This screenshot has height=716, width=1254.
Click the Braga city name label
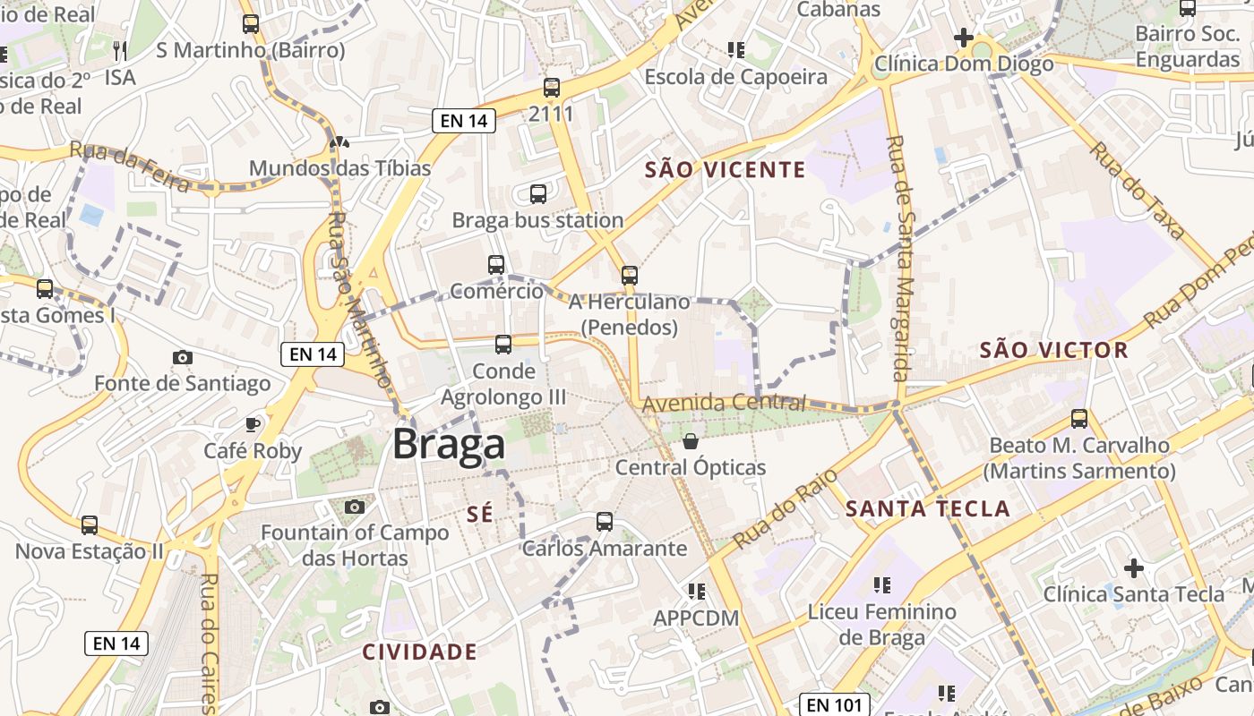click(449, 445)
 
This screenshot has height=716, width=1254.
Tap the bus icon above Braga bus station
click(538, 194)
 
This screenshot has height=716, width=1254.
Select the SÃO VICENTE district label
click(726, 170)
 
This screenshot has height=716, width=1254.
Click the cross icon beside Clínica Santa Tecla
click(1134, 568)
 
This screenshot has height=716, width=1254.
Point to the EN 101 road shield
click(835, 704)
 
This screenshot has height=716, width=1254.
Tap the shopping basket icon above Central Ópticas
click(691, 441)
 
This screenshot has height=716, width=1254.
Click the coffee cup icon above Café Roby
click(253, 424)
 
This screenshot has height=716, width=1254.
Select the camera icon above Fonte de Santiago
click(183, 358)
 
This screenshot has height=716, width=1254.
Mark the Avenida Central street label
click(724, 403)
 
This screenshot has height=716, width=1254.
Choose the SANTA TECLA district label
click(928, 509)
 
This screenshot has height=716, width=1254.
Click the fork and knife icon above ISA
click(120, 50)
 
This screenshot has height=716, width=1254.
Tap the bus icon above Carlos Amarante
click(605, 522)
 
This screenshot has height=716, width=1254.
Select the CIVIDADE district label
click(419, 652)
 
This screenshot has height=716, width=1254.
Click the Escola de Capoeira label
click(736, 77)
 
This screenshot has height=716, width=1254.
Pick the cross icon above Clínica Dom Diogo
click(964, 38)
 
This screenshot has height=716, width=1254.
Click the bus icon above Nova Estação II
click(90, 525)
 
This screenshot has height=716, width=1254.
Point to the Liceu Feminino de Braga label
click(882, 625)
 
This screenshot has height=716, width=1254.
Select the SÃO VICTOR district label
click(1053, 350)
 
